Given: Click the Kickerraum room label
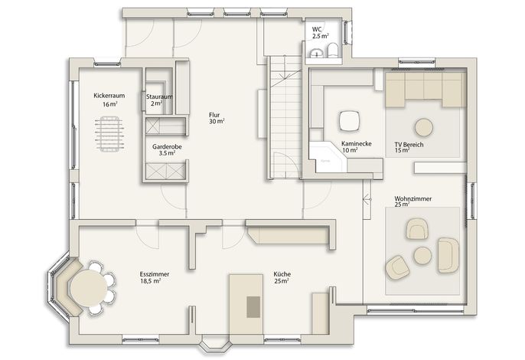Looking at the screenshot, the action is pyautogui.click(x=109, y=96).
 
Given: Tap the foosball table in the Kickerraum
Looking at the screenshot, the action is pyautogui.click(x=109, y=134).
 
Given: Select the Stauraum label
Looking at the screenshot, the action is pyautogui.click(x=159, y=97).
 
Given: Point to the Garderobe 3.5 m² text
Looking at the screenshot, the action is pyautogui.click(x=167, y=150).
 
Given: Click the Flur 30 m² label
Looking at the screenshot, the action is pyautogui.click(x=217, y=118).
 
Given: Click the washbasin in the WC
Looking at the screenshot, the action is pyautogui.click(x=316, y=54).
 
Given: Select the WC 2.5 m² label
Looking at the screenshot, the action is pyautogui.click(x=320, y=32).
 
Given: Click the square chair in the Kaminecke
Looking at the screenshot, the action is pyautogui.click(x=350, y=121).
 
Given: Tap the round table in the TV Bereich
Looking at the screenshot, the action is pyautogui.click(x=424, y=127).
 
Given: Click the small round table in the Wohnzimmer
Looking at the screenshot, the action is pyautogui.click(x=422, y=255).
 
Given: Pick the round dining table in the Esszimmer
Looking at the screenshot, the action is pyautogui.click(x=89, y=288).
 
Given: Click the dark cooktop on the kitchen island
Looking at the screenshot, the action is pyautogui.click(x=253, y=306).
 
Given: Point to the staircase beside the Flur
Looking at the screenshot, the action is pyautogui.click(x=285, y=117).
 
